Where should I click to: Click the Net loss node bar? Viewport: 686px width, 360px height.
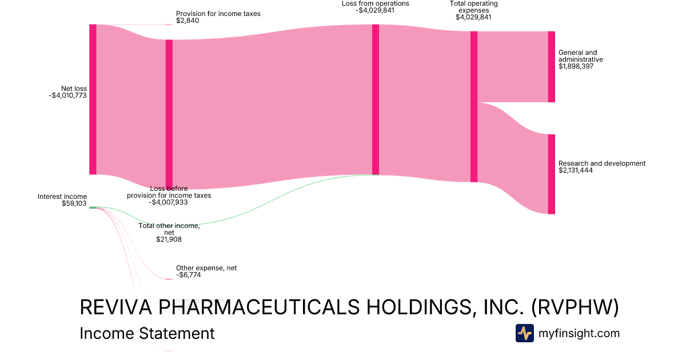[x=93, y=99]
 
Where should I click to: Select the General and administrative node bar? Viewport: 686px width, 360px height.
[x=551, y=67]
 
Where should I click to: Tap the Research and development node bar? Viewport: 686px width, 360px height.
[x=551, y=174]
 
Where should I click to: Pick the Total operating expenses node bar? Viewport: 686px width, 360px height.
[x=473, y=107]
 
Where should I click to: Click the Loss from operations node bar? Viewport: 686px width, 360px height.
[x=376, y=99]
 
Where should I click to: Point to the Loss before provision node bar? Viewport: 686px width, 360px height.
[x=169, y=114]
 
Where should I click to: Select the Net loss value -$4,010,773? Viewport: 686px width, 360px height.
[x=68, y=95]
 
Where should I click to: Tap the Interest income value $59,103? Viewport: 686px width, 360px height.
[x=74, y=203]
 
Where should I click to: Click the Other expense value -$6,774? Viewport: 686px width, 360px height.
[x=188, y=275]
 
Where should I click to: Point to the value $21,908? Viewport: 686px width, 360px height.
[x=169, y=239]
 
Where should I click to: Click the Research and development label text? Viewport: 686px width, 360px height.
[x=602, y=163]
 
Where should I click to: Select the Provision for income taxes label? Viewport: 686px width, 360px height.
[x=218, y=14]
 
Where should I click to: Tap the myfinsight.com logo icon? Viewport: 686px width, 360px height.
[x=524, y=333]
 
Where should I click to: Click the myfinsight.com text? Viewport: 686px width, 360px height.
[x=579, y=333]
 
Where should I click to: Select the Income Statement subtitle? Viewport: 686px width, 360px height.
[x=147, y=333]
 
